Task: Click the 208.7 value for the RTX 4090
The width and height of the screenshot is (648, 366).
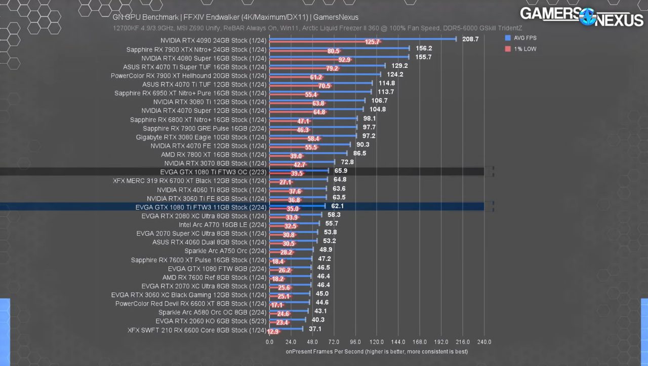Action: click(470, 39)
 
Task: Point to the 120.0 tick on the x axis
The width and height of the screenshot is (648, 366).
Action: click(377, 342)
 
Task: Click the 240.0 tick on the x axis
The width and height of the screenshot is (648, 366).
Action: click(484, 342)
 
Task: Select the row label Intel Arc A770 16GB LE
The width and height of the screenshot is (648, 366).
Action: click(222, 225)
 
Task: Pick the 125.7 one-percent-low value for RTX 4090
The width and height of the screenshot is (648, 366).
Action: click(372, 42)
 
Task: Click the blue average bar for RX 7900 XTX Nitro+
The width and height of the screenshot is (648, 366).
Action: click(339, 48)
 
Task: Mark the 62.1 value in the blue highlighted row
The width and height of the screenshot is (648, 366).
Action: click(337, 206)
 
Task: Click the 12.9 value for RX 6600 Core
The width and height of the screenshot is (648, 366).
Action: click(273, 332)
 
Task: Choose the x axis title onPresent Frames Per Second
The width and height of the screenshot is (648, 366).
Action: click(376, 352)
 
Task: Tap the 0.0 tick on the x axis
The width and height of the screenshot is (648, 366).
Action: click(269, 342)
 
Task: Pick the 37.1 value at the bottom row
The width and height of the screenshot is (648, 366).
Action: click(315, 329)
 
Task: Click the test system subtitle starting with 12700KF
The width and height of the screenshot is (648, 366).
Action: click(317, 28)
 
